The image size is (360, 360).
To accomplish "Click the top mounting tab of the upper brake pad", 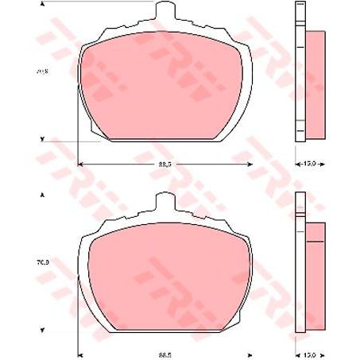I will click(165, 11).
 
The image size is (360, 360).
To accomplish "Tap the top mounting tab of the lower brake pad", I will click(165, 202).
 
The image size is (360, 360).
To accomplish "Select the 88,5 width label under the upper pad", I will click(165, 164).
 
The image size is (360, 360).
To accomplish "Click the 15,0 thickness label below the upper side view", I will click(310, 164).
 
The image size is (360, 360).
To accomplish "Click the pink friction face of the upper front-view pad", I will click(165, 87).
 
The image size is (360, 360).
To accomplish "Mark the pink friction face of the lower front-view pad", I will click(165, 278).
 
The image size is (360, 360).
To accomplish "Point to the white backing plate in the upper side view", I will click(300, 72).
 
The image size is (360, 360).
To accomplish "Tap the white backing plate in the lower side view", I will click(300, 262).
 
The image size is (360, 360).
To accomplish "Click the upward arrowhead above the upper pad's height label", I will click(42, 5).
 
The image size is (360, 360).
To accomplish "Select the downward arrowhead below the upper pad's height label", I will click(42, 138).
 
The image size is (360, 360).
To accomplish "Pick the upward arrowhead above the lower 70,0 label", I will click(42, 195).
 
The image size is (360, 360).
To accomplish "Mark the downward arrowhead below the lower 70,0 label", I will click(42, 327).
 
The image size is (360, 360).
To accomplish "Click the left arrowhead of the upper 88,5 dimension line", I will click(80, 164).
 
